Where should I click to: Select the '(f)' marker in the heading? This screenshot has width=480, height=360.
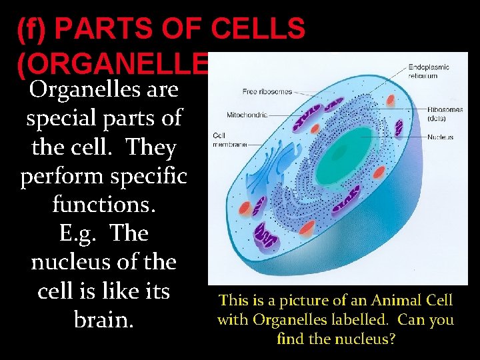[x=33, y=29]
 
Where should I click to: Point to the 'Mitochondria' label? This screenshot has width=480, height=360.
[x=247, y=114]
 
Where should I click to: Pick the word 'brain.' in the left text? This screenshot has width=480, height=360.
[x=103, y=319]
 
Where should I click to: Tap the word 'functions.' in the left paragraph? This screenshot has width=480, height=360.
[x=103, y=204]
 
